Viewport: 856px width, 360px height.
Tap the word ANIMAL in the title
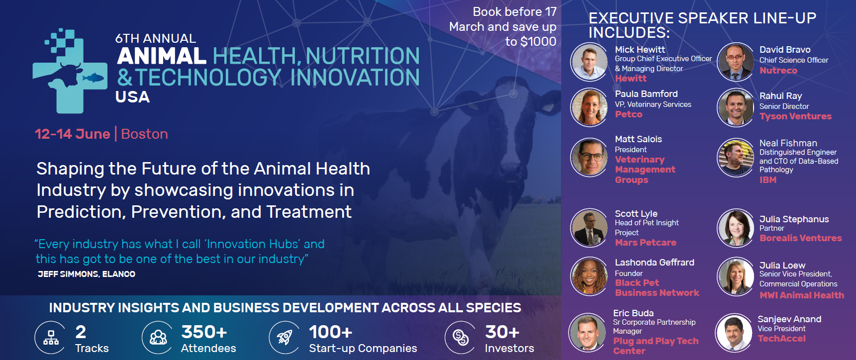click(162, 56)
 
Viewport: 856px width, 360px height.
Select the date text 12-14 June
click(73, 134)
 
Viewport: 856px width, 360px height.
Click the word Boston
click(145, 134)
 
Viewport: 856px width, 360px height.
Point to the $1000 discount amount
click(538, 41)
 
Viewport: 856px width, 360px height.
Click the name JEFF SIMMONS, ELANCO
click(87, 274)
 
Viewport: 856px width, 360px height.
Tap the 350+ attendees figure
click(204, 332)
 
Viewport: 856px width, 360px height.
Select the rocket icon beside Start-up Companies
click(285, 338)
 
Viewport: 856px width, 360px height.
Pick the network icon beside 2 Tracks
click(50, 338)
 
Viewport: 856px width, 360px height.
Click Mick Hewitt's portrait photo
click(589, 62)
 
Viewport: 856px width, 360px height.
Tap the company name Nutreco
click(778, 71)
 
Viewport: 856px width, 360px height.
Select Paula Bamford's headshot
click(589, 107)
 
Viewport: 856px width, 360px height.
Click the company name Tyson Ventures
click(795, 116)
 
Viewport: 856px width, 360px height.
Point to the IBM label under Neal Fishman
click(768, 180)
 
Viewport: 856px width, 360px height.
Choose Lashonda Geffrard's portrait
click(589, 276)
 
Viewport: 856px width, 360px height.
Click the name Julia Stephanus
click(794, 219)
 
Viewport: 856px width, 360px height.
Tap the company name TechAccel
click(781, 339)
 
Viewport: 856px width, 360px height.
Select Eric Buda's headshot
click(588, 332)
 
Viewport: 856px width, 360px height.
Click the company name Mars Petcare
click(646, 243)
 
